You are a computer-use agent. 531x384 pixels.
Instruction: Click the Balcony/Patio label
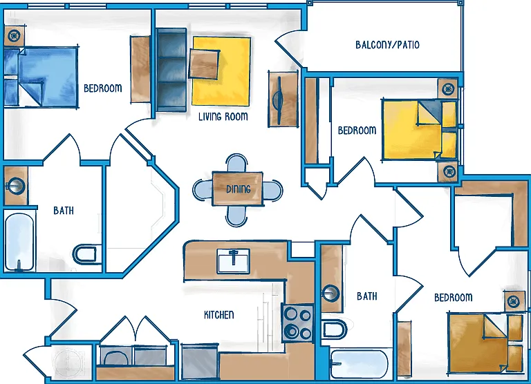point(387,45)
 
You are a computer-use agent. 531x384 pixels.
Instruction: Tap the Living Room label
point(223,117)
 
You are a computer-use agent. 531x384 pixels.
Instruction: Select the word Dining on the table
point(239,189)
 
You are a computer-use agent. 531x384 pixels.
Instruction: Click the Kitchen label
point(218,315)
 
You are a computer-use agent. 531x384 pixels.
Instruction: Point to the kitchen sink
point(233,261)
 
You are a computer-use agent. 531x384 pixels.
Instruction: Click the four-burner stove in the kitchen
point(298,323)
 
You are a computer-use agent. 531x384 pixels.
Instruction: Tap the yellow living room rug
point(222,71)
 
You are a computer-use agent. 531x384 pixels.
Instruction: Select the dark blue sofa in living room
point(171,70)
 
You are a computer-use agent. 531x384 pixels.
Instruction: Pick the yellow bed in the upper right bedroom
point(419,129)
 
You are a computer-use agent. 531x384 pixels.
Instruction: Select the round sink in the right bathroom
point(330,293)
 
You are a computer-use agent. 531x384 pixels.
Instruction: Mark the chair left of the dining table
point(203,189)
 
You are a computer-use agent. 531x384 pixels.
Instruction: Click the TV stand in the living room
point(283,99)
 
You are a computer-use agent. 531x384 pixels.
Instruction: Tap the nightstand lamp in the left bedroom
point(15,35)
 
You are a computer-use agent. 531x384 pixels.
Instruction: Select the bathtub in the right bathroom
point(360,365)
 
